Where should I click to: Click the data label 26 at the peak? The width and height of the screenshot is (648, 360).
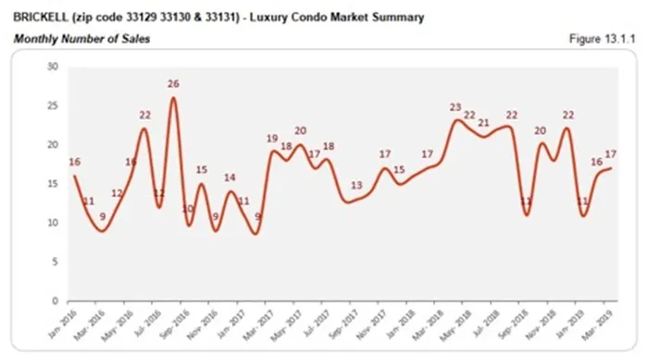click(173, 84)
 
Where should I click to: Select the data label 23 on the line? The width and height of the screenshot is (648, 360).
click(456, 107)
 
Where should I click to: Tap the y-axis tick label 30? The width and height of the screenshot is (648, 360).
click(53, 67)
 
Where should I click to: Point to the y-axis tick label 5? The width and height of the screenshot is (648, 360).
click(56, 262)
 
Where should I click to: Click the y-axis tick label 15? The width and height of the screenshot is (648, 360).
click(53, 184)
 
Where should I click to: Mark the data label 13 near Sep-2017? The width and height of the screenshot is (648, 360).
click(356, 186)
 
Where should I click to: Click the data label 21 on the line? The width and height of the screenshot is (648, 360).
click(483, 123)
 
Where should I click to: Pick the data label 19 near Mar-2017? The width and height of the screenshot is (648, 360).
click(272, 139)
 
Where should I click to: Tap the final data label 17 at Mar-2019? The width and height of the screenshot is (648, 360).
click(611, 155)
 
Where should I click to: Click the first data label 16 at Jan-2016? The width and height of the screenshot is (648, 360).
click(75, 162)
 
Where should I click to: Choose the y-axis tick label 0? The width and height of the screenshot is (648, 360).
click(56, 301)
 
